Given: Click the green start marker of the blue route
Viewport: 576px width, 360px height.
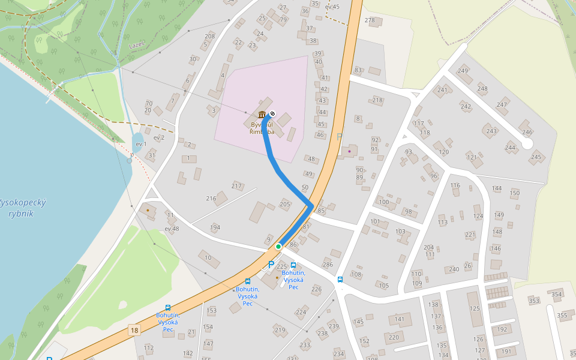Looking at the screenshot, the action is pos(278,247).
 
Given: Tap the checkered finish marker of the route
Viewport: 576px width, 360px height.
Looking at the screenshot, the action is pos(272,113).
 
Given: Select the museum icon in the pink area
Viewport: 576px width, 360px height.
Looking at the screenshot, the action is pos(262,115).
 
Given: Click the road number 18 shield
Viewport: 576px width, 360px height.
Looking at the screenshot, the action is pos(134,330).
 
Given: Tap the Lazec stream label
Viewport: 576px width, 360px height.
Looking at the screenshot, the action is pos(137,45).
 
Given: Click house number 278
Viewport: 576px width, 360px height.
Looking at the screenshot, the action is pos(370,20).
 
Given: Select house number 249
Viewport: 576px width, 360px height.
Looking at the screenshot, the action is pos(463,71).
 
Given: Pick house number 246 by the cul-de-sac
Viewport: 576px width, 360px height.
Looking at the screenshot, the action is pos(527,132).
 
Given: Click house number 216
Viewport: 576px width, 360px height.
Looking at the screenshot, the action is pos(211,198).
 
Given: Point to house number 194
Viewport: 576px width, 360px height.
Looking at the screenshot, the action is pos(215,227).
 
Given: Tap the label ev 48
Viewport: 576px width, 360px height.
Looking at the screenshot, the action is pos(172,229).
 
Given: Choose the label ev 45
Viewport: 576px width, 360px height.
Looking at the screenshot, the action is pos(332,7).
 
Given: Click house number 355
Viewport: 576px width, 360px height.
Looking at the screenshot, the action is pos(562,315).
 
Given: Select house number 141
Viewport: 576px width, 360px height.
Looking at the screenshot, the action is pos(399,319).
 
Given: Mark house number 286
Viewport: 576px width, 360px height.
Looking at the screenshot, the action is pos(328,264).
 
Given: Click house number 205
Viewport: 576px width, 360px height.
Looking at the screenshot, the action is pos(285,205).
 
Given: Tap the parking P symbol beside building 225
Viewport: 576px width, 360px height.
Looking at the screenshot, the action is pos(271,264).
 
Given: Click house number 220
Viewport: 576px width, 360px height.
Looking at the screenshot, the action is pos(394,337).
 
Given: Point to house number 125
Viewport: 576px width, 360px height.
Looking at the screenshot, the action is pos(475,308).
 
